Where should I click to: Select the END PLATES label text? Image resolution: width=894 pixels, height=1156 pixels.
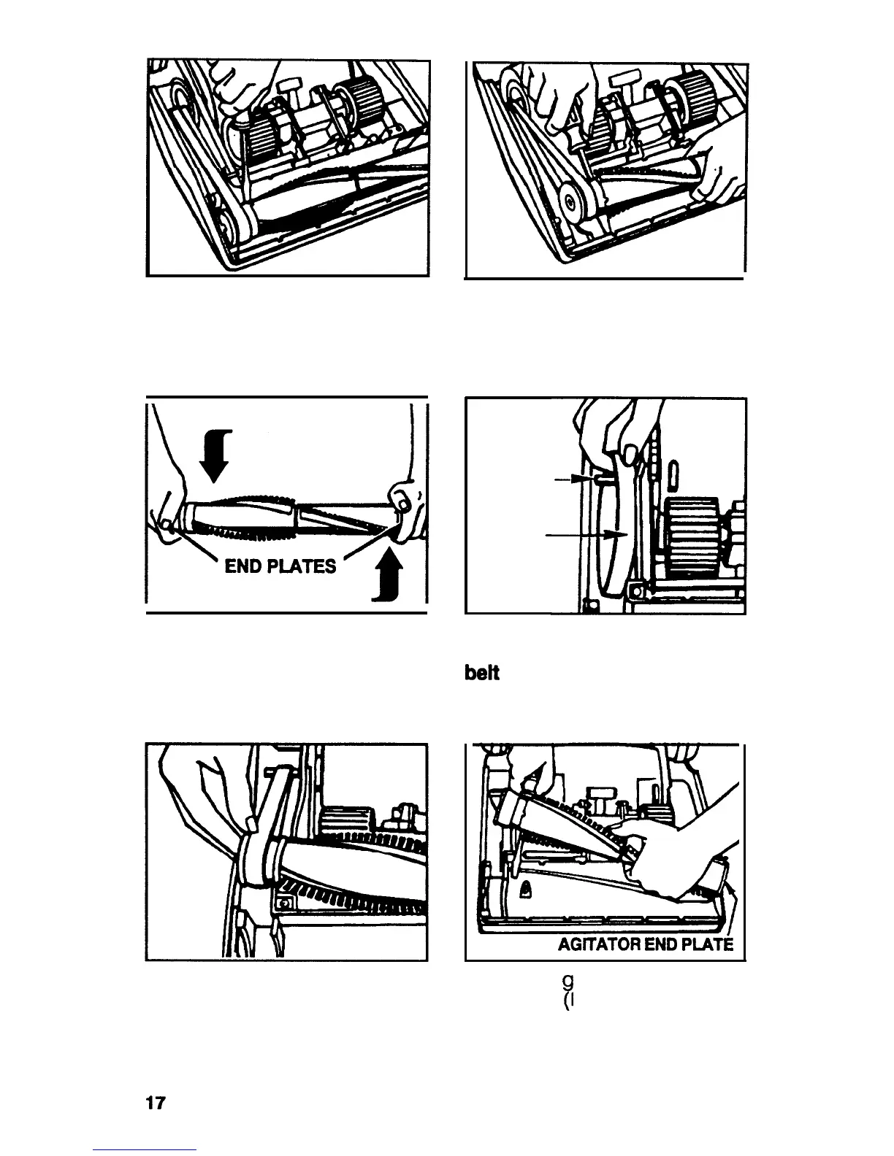pos(280,566)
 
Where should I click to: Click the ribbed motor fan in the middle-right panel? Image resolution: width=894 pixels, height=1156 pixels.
pos(690,532)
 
